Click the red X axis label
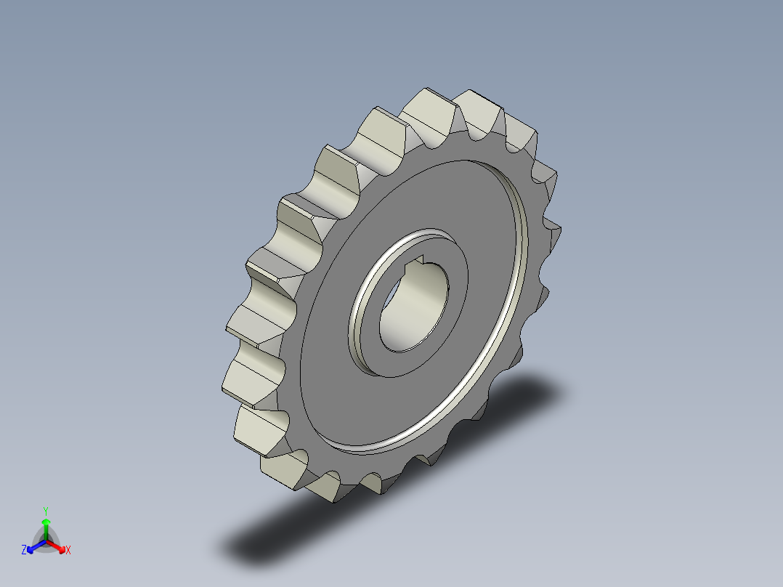tap(68, 551)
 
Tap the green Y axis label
tap(46, 510)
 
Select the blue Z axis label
tap(24, 551)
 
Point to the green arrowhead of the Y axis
tap(46, 522)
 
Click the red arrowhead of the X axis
tap(60, 547)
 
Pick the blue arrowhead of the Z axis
tap(31, 548)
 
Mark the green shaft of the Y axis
tap(46, 531)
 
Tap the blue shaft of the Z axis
tap(38, 544)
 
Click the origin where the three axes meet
tap(46, 541)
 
